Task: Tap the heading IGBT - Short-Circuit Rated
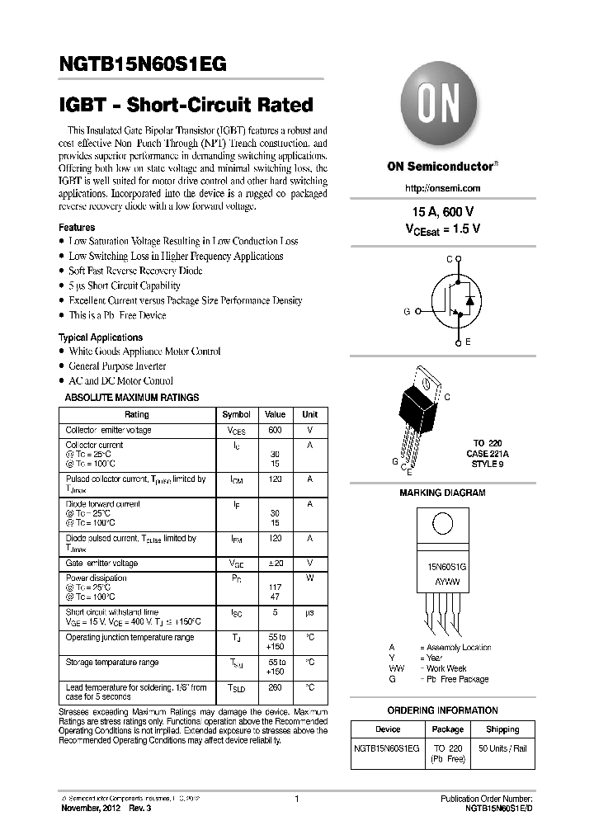pyautogui.click(x=186, y=105)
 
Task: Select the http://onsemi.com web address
pyautogui.click(x=443, y=188)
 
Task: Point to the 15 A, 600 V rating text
pyautogui.click(x=442, y=212)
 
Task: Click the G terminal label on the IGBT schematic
pyautogui.click(x=407, y=311)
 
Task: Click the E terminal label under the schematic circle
pyautogui.click(x=467, y=342)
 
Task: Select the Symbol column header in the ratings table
pyautogui.click(x=237, y=414)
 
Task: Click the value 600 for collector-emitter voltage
pyautogui.click(x=276, y=430)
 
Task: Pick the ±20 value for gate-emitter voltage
pyautogui.click(x=276, y=563)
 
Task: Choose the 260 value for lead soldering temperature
pyautogui.click(x=276, y=687)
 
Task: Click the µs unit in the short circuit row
pyautogui.click(x=310, y=612)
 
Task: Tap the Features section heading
pyautogui.click(x=77, y=227)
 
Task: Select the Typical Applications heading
pyautogui.click(x=100, y=337)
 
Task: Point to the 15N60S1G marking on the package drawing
pyautogui.click(x=441, y=568)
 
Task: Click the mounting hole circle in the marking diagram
pyautogui.click(x=441, y=526)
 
